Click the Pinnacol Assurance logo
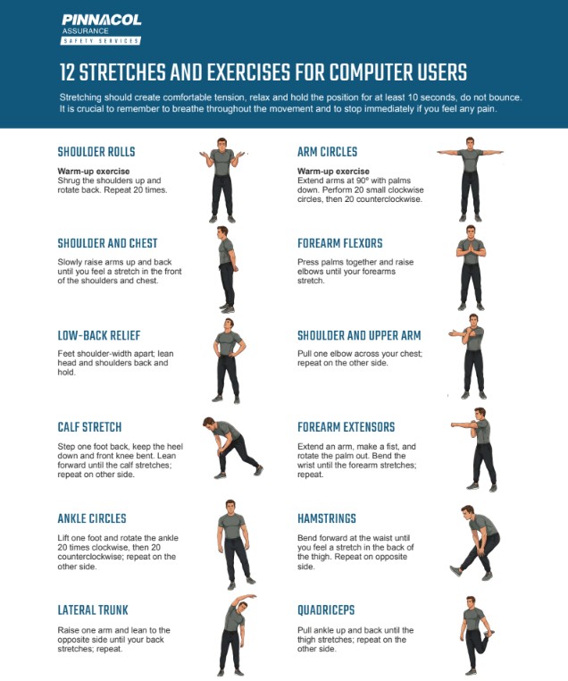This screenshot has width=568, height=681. (101, 29)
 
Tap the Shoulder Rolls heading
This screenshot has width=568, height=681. (96, 152)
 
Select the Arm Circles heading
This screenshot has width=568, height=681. (327, 152)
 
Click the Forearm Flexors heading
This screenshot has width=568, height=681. (339, 243)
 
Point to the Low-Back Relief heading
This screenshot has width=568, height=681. (99, 335)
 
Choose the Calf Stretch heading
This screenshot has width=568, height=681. (89, 427)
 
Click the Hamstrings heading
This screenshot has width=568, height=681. (327, 518)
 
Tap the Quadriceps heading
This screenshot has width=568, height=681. (326, 610)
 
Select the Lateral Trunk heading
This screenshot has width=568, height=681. (93, 610)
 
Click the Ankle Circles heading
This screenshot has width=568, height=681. (92, 518)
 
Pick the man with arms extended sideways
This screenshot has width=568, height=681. (470, 179)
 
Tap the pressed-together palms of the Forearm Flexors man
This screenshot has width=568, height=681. (472, 248)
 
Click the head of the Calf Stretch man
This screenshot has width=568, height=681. (211, 424)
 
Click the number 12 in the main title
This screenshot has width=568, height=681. (67, 72)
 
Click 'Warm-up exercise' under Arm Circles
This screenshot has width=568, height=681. (333, 171)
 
